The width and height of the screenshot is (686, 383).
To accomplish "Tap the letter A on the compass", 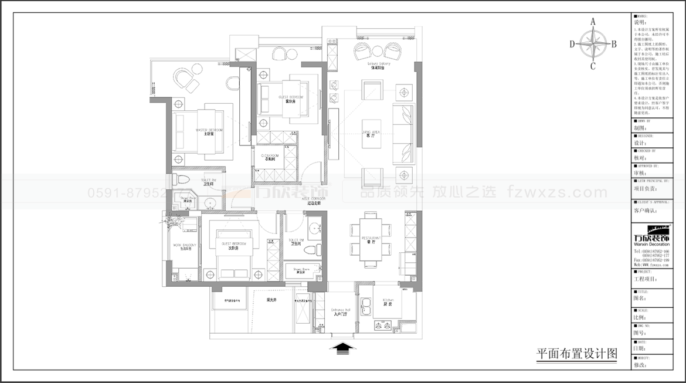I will [593, 22].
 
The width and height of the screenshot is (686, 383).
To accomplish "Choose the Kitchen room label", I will [388, 302].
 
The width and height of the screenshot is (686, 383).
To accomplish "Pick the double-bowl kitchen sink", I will [368, 304].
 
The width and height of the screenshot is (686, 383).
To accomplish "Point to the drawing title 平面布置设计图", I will [577, 354].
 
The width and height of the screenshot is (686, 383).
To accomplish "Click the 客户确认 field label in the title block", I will [646, 210].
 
